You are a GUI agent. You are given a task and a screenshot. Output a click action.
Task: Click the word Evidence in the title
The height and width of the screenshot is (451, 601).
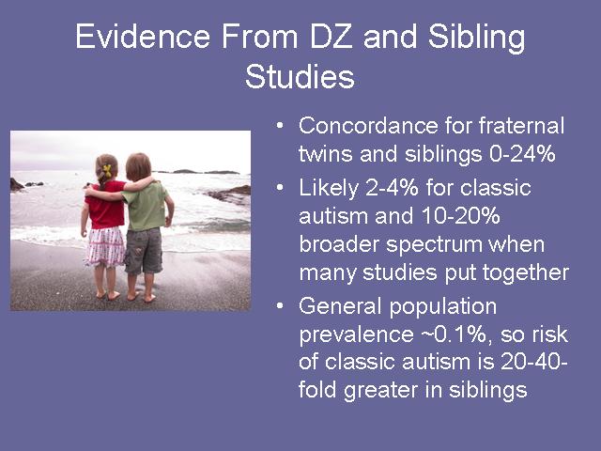[143, 37]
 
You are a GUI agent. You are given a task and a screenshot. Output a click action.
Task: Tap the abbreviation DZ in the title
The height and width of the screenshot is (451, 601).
[331, 37]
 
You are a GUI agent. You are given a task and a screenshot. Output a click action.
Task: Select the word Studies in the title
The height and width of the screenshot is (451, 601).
[300, 76]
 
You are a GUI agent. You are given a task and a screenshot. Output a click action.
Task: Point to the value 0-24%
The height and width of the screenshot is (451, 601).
[522, 154]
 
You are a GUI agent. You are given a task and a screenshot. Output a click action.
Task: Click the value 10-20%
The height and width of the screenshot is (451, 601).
[461, 216]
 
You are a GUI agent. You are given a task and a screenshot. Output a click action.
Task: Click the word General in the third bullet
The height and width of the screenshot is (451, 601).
[340, 306]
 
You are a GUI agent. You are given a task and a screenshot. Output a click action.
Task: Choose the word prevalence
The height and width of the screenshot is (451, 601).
[356, 334]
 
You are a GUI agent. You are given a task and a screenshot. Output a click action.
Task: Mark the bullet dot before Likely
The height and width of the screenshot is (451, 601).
[280, 188]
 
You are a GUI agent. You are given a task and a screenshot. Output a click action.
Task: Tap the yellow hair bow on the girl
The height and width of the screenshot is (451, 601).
[107, 171]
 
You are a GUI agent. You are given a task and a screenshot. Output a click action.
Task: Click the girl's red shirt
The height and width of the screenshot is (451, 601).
[105, 205]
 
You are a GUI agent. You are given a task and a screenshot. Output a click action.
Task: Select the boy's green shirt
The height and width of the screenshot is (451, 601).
[146, 207]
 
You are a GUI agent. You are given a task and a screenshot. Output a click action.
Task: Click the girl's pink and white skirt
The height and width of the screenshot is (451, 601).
[104, 246]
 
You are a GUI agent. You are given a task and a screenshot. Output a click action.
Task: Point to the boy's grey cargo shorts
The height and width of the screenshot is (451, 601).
[144, 251]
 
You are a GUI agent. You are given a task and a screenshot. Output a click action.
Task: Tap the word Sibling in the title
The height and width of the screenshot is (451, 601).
[476, 38]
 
